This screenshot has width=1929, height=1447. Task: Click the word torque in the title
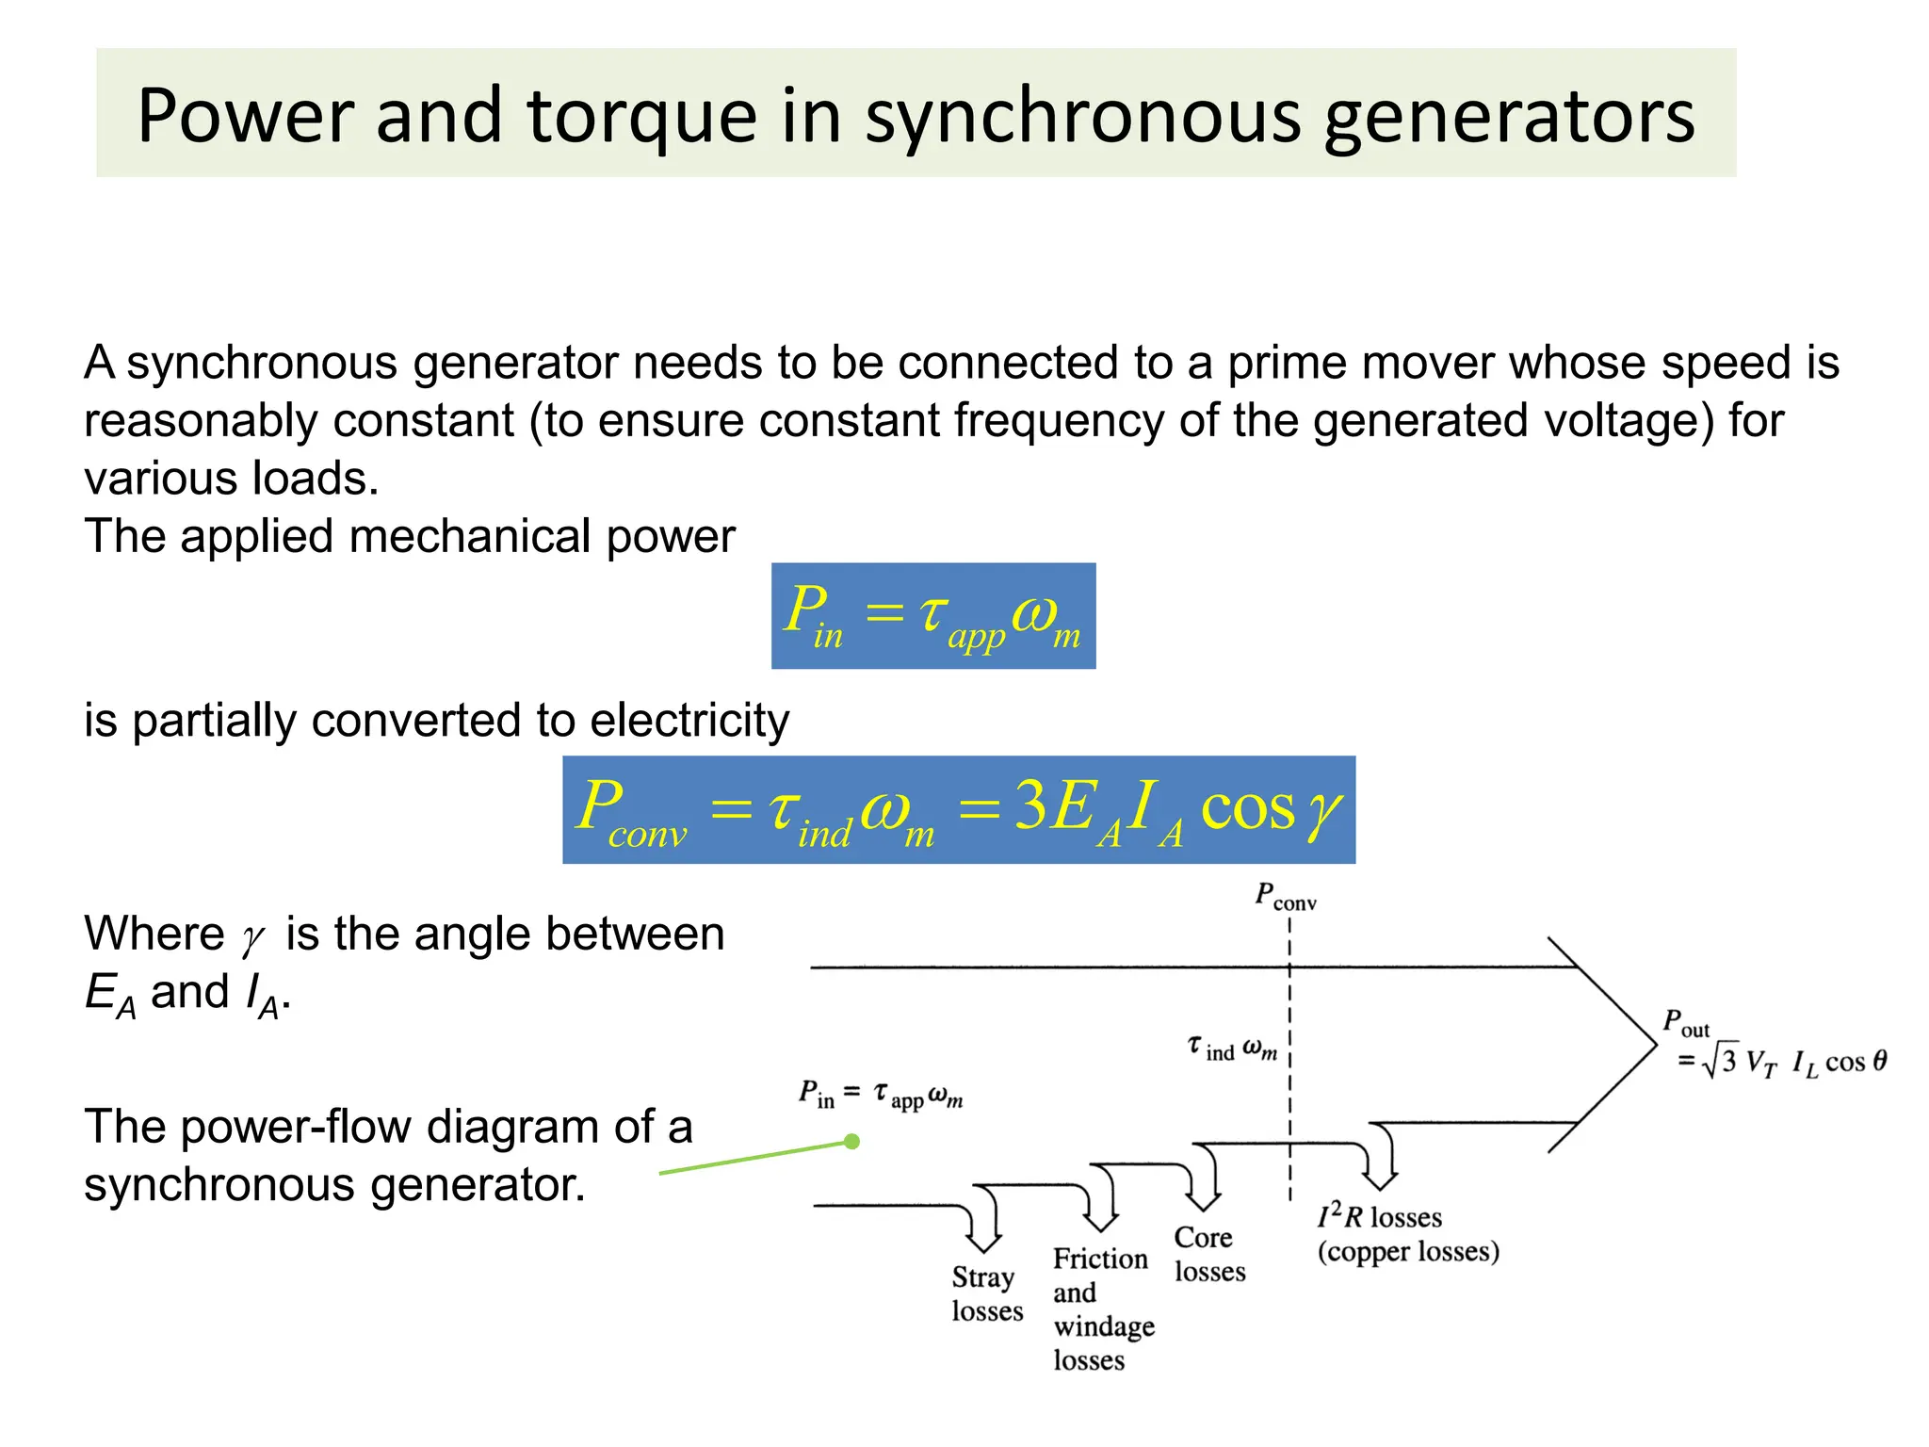point(640,117)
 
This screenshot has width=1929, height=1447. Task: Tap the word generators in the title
point(1509,117)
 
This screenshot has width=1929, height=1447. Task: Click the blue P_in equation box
point(932,616)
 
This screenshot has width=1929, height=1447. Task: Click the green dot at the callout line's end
point(852,1142)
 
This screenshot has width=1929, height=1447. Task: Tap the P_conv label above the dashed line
point(1285,896)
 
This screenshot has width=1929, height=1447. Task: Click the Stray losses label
point(986,1293)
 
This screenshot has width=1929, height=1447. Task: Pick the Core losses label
point(1208,1254)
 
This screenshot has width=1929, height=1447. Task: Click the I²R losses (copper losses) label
point(1407,1234)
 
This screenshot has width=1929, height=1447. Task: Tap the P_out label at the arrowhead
point(1685,1023)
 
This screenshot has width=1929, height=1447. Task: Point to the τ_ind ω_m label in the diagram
point(1232,1048)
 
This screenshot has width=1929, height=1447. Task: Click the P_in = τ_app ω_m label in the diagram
point(881,1096)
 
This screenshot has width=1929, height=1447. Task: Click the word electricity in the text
point(689,721)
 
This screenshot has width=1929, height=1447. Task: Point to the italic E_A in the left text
point(109,995)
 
